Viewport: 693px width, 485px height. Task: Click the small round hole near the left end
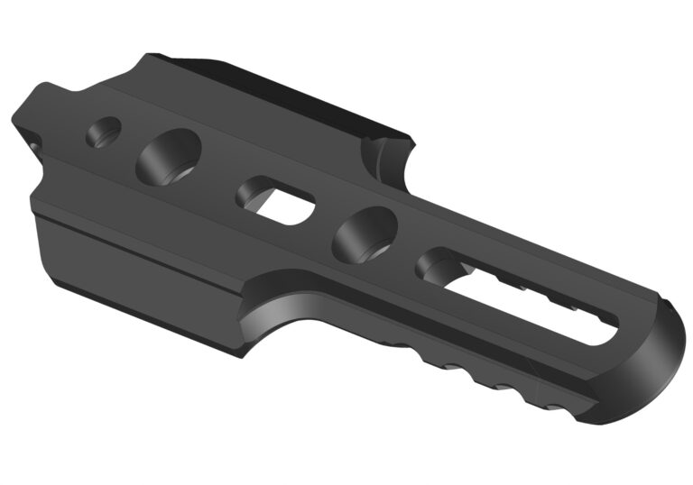(x=104, y=133)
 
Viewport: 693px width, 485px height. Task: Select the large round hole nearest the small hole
(x=169, y=155)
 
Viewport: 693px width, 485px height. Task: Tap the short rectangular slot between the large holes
(x=277, y=200)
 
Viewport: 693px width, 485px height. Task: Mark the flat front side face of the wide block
(x=135, y=270)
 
